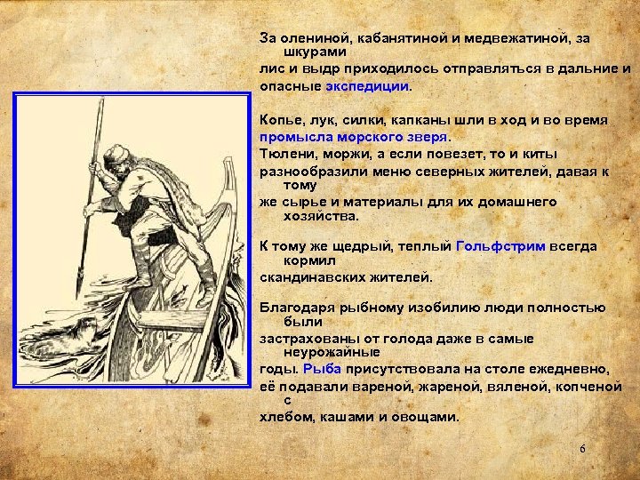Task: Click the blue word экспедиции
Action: click(x=367, y=87)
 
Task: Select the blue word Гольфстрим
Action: click(x=500, y=246)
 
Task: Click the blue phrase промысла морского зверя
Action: click(x=355, y=138)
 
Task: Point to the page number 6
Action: click(x=582, y=450)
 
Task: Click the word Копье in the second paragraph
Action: click(x=278, y=119)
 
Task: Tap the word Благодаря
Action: click(x=296, y=308)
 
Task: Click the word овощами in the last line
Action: click(x=431, y=417)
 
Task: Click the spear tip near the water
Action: click(x=79, y=284)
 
